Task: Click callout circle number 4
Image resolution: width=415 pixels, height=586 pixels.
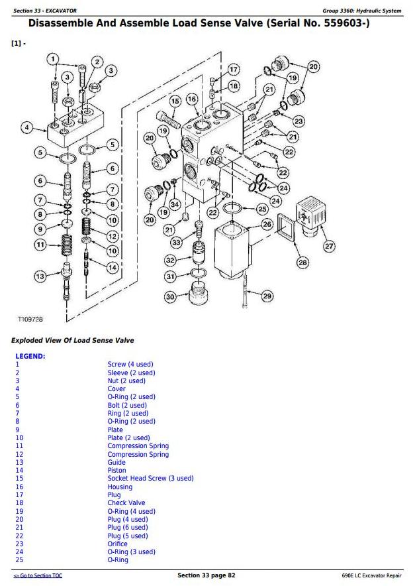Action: (x=27, y=128)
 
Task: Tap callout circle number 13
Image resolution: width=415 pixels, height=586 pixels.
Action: (x=41, y=276)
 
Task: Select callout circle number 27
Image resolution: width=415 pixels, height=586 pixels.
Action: (x=329, y=247)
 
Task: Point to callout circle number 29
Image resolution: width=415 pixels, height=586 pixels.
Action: (x=267, y=296)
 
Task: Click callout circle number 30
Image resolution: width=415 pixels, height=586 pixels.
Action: (x=171, y=297)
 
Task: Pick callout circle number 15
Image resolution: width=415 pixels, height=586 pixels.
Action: (x=175, y=101)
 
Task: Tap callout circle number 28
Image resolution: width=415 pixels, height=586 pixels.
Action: (x=302, y=263)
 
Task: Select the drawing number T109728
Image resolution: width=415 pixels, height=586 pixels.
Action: (x=30, y=320)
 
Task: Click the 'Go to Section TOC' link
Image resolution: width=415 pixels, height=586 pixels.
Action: (x=38, y=575)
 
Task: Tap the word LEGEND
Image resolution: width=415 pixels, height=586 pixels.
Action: (x=30, y=356)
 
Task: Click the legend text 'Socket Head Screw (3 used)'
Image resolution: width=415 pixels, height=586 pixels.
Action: (x=150, y=479)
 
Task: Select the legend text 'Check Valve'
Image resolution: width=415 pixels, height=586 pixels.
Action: (x=126, y=503)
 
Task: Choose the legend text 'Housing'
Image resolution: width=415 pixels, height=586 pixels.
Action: (x=120, y=487)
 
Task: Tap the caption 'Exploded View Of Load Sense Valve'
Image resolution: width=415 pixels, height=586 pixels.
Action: (x=72, y=340)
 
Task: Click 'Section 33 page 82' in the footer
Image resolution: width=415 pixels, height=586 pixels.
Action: (x=206, y=575)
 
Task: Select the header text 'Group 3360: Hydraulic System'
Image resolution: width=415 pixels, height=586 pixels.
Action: (x=361, y=11)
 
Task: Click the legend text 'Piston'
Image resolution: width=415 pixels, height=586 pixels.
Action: (x=116, y=471)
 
